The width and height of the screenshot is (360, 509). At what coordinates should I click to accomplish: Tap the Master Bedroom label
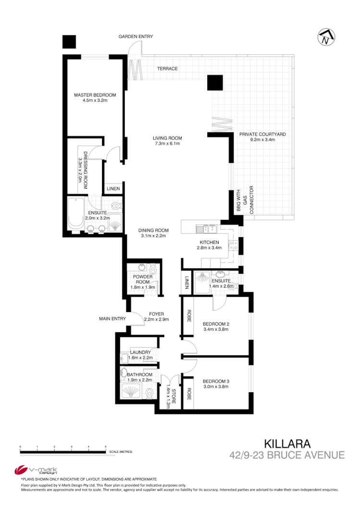tap(95, 97)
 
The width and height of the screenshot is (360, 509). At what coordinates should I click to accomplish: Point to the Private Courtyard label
tap(262, 137)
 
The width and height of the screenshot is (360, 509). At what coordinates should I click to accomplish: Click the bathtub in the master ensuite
tap(75, 214)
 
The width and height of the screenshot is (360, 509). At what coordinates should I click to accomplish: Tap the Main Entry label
tap(112, 318)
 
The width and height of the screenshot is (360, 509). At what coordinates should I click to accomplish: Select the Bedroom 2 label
tap(215, 326)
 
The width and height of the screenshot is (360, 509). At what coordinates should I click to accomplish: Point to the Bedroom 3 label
tap(215, 384)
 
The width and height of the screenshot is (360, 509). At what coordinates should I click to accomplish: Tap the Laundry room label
tap(140, 355)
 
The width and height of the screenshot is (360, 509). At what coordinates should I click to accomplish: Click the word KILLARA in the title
tap(287, 443)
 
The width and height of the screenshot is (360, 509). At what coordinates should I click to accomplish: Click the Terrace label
tap(167, 69)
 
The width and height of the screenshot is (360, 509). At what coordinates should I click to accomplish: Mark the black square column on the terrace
tap(215, 83)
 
